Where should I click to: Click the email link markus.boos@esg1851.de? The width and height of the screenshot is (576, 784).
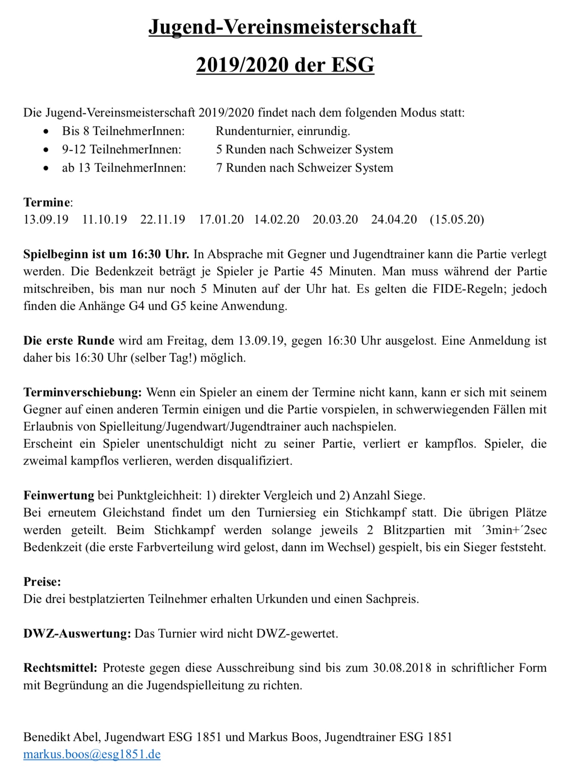click(x=92, y=754)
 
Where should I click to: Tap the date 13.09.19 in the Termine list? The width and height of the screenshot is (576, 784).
click(x=46, y=219)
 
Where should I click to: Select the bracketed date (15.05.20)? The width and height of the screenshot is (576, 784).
click(x=457, y=219)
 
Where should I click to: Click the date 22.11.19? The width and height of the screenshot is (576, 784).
click(x=162, y=219)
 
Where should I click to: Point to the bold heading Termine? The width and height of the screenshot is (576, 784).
click(x=47, y=202)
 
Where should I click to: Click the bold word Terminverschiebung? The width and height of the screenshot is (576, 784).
click(x=82, y=392)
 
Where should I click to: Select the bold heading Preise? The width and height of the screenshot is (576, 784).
click(x=42, y=582)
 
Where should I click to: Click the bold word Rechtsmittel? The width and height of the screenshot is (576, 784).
click(x=60, y=668)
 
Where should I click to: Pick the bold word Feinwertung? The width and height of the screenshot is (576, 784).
click(x=59, y=495)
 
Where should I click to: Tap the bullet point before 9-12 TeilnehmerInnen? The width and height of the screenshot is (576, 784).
click(x=46, y=150)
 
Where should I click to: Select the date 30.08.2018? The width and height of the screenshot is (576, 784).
click(x=402, y=668)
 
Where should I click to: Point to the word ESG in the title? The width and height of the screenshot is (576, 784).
click(x=353, y=65)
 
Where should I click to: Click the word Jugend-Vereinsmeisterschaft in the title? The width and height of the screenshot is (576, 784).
click(x=282, y=27)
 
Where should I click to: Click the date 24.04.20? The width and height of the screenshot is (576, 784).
click(x=394, y=219)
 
